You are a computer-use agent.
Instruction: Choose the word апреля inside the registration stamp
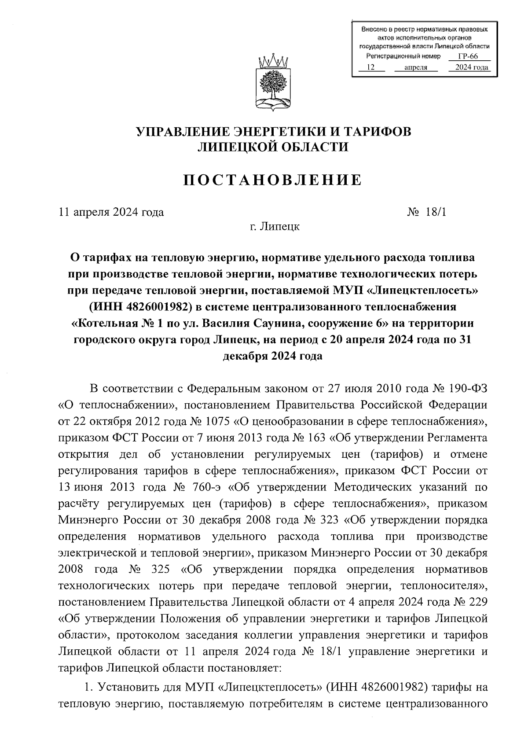tap(415, 67)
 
